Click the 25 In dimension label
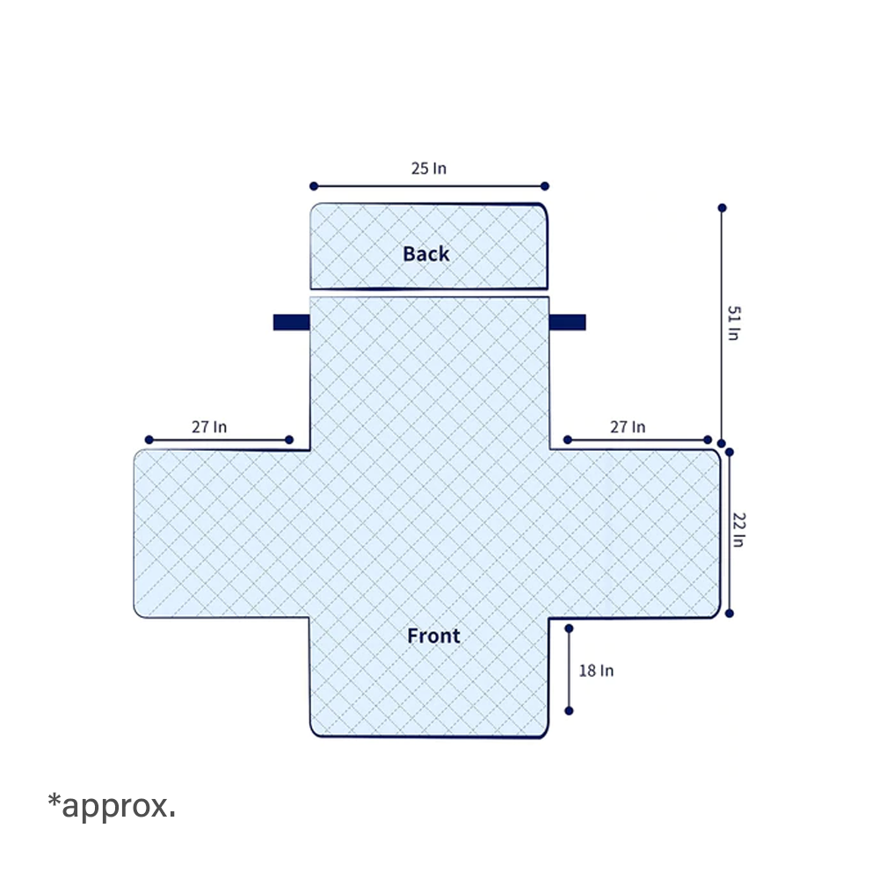pyautogui.click(x=429, y=168)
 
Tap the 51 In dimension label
pyautogui.click(x=733, y=323)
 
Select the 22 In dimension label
pyautogui.click(x=739, y=530)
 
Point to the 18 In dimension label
pyautogui.click(x=596, y=671)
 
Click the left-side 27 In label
pyautogui.click(x=209, y=427)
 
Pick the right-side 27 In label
pyautogui.click(x=628, y=427)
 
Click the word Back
pyautogui.click(x=426, y=254)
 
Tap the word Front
pyautogui.click(x=433, y=636)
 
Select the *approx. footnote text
pyautogui.click(x=112, y=806)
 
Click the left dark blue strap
pyautogui.click(x=292, y=323)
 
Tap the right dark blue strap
pyautogui.click(x=567, y=323)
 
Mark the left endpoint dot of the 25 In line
pyautogui.click(x=314, y=186)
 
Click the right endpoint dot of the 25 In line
pyautogui.click(x=545, y=186)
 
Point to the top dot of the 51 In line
pyautogui.click(x=722, y=208)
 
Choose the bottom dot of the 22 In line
pyautogui.click(x=730, y=614)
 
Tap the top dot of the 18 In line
pyautogui.click(x=569, y=629)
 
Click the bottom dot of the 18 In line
pyautogui.click(x=569, y=711)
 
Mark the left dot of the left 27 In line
pyautogui.click(x=149, y=440)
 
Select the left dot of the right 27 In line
pyautogui.click(x=567, y=440)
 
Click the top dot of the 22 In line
pyautogui.click(x=730, y=452)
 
